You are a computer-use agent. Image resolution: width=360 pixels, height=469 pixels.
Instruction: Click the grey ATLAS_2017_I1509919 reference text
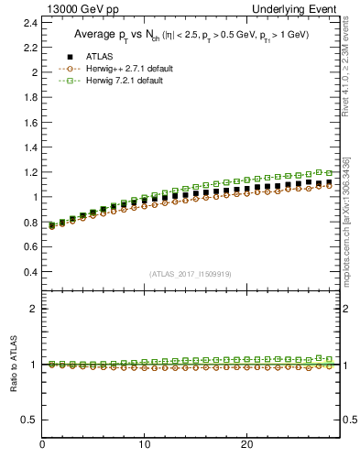point(191,274)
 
